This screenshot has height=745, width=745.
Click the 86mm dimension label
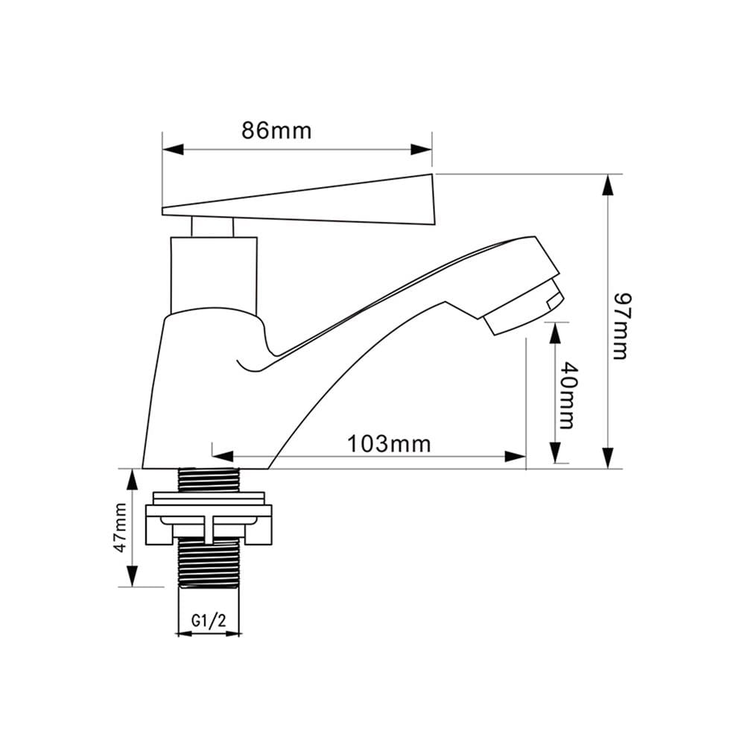[276, 130]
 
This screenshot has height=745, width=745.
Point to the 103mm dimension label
[389, 444]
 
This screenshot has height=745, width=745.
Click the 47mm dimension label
[120, 527]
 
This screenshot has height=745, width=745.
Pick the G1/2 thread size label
[209, 620]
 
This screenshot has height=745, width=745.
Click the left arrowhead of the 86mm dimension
[173, 149]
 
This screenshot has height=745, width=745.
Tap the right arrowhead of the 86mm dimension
[422, 149]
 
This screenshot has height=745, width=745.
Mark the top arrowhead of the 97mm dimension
[608, 185]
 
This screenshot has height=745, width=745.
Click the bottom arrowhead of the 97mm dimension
[608, 458]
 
